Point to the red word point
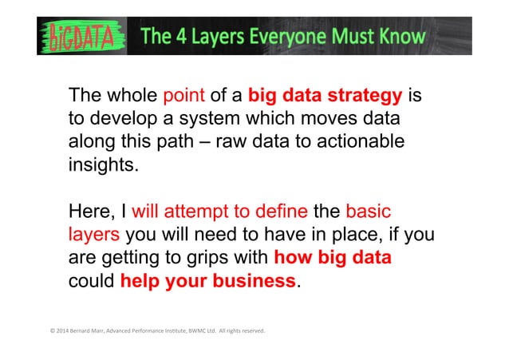coord(183,97)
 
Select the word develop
coord(118,119)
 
